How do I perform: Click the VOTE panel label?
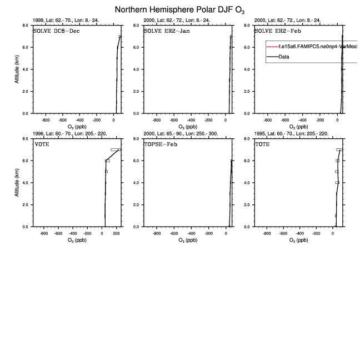pos(42,143)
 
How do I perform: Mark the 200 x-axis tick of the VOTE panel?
pos(116,233)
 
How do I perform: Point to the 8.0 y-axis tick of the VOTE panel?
pos(26,139)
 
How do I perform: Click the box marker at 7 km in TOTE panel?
pos(339,149)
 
